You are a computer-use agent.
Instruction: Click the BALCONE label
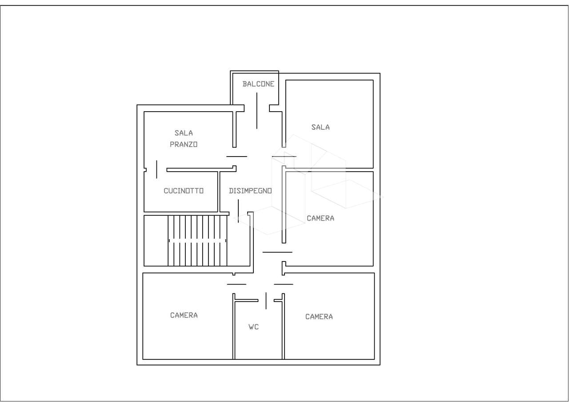pyautogui.click(x=258, y=84)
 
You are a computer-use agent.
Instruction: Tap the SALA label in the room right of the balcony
pyautogui.click(x=321, y=127)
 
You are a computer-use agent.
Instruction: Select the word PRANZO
pyautogui.click(x=184, y=145)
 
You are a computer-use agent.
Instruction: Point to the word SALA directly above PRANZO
pyautogui.click(x=184, y=133)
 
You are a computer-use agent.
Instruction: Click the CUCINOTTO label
pyautogui.click(x=184, y=191)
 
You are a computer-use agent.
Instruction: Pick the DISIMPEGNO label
pyautogui.click(x=250, y=191)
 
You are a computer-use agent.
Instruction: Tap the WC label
pyautogui.click(x=253, y=327)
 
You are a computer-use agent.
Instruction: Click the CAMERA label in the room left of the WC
pyautogui.click(x=184, y=315)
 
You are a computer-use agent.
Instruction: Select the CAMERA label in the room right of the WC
pyautogui.click(x=319, y=317)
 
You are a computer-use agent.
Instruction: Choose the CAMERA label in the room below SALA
pyautogui.click(x=321, y=218)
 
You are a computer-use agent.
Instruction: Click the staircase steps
pyautogui.click(x=197, y=241)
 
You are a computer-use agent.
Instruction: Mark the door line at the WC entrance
pyautogui.click(x=266, y=301)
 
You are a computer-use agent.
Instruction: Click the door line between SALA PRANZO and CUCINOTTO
pyautogui.click(x=156, y=169)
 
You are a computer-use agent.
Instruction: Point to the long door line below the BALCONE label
pyautogui.click(x=256, y=111)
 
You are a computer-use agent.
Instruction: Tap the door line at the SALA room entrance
pyautogui.click(x=284, y=157)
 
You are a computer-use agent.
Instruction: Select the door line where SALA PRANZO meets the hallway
pyautogui.click(x=237, y=157)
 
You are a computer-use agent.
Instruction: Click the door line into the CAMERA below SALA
pyautogui.click(x=277, y=252)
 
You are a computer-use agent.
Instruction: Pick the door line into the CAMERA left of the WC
pyautogui.click(x=236, y=284)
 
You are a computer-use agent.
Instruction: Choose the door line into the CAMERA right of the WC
pyautogui.click(x=284, y=284)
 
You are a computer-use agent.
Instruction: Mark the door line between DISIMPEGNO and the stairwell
pyautogui.click(x=238, y=211)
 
